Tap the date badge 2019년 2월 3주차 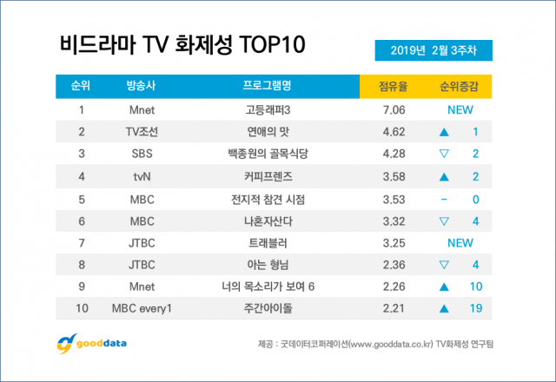pos(435,51)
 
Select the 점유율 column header pos(389,86)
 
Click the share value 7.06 pos(389,109)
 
